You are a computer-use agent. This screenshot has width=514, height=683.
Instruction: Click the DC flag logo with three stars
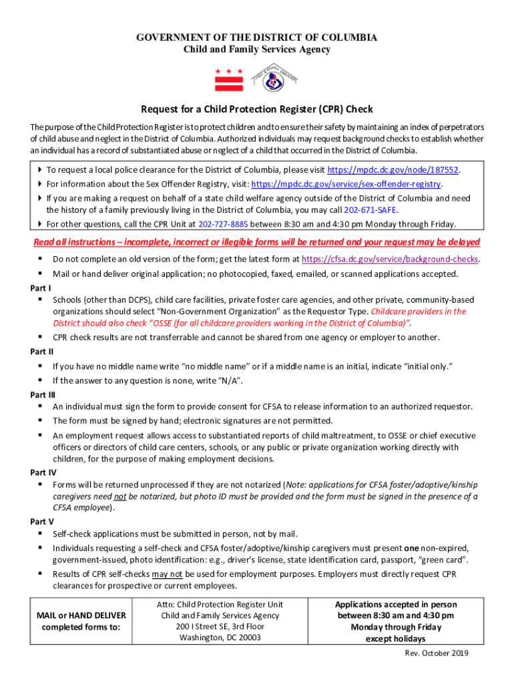[x=228, y=79]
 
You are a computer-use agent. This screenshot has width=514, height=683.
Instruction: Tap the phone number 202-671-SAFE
[x=372, y=209]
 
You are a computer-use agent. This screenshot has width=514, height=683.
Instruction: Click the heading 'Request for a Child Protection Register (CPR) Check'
[x=256, y=109]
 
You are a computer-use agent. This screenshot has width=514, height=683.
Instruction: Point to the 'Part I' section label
[x=41, y=287]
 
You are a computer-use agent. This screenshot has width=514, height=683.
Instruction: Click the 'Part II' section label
[x=42, y=352]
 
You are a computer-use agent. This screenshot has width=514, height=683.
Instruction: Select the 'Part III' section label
[x=43, y=394]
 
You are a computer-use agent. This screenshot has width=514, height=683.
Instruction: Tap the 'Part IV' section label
[x=43, y=472]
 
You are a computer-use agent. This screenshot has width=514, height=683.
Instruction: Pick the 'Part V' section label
[x=42, y=521]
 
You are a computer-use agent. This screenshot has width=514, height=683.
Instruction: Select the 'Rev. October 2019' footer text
[x=437, y=653]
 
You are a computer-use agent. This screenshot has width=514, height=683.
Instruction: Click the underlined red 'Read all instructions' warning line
[x=256, y=241]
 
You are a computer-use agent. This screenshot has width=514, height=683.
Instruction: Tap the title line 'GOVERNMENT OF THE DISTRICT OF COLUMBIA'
[x=256, y=37]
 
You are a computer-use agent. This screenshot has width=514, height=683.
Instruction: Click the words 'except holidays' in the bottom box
[x=396, y=638]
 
